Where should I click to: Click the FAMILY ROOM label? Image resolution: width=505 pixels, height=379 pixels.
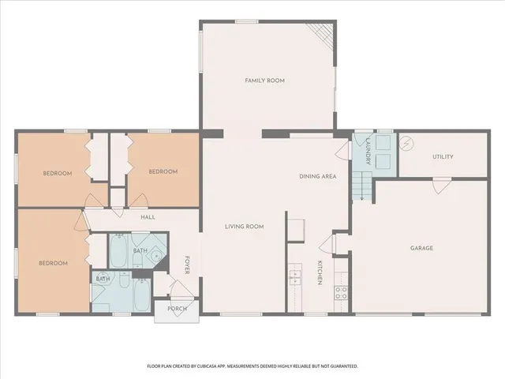264,81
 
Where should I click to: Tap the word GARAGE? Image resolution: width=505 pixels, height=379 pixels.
421,248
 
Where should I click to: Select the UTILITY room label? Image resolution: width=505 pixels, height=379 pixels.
443,156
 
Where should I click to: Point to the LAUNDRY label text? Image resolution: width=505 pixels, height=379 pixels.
368,150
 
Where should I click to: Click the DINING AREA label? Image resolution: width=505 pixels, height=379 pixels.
318,176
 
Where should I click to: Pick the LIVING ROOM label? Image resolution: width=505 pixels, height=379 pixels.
244,227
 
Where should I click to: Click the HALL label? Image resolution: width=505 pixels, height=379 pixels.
148,217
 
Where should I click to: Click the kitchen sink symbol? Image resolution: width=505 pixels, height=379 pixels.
296,278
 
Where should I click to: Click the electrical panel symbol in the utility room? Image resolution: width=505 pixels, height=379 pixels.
407,144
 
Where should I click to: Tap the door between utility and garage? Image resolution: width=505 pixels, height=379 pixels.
442,184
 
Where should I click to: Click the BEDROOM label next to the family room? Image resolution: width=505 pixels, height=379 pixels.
163,171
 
